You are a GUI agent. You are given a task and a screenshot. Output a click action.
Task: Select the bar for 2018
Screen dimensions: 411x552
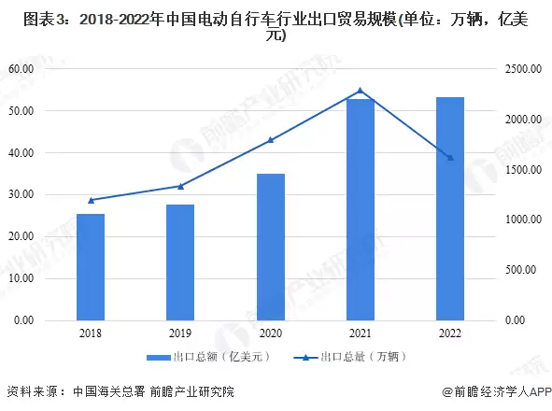[x=91, y=267]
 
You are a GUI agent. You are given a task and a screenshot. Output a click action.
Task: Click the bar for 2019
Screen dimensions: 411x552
[x=180, y=262]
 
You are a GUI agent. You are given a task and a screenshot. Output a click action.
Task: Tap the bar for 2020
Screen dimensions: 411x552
[x=271, y=247]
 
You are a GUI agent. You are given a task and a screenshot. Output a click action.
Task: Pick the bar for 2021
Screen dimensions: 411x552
[x=361, y=209]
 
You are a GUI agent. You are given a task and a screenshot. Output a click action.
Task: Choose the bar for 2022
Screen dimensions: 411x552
[x=450, y=208]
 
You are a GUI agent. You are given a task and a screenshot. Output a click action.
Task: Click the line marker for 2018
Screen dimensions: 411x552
[x=91, y=200]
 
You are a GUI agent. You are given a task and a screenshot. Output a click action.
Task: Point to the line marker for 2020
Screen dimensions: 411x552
[x=271, y=140]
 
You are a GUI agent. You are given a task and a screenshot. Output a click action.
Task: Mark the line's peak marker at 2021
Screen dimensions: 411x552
[x=361, y=91]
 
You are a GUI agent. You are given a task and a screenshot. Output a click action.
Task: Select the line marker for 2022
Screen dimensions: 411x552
[x=450, y=158]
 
